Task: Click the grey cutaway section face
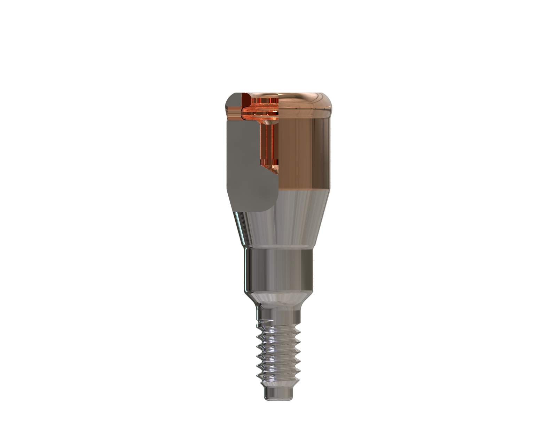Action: [244, 163]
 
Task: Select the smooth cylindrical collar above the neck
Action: [278, 269]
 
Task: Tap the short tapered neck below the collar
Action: [278, 299]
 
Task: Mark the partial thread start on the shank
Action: [265, 322]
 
